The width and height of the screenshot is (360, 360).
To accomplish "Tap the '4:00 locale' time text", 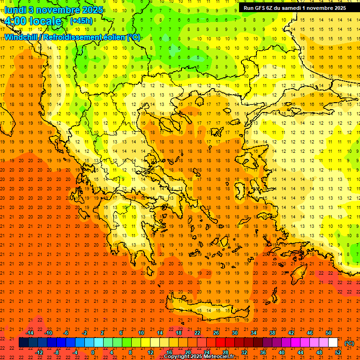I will click(x=33, y=21).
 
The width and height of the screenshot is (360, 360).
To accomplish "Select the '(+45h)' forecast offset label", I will click(x=81, y=21).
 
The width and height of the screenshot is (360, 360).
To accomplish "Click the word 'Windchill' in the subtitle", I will click(x=22, y=37).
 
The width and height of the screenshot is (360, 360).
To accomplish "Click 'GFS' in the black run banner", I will click(x=262, y=7).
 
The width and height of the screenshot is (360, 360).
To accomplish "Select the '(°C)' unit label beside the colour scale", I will click(x=349, y=343).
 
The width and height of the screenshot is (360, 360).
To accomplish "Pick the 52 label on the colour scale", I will click(x=338, y=352).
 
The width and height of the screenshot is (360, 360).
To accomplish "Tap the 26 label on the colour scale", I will click(x=216, y=333).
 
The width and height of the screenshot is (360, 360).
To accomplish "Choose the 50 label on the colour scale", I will click(x=328, y=333).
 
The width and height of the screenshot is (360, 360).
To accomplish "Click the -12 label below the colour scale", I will click(x=39, y=352).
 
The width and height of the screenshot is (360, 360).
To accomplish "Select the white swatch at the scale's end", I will click(x=333, y=343).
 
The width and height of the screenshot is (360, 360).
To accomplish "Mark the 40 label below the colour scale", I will click(x=282, y=352).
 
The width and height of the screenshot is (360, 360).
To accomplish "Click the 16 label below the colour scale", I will click(x=169, y=352).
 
